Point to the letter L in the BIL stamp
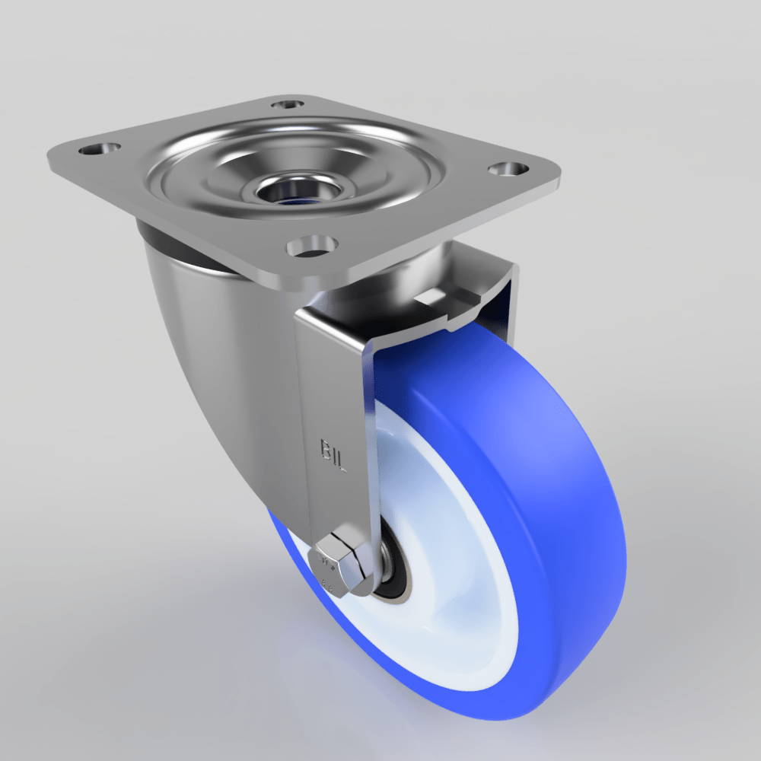[x=341, y=462]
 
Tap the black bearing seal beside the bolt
[x=396, y=567]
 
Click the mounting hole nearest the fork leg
[x=312, y=246]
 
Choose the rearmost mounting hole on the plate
[x=288, y=104]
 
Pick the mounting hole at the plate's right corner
[x=508, y=168]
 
